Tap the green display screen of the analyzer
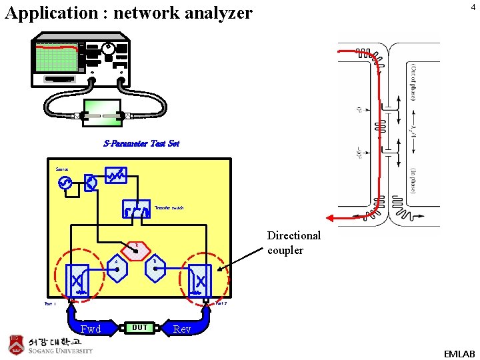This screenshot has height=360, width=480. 57,58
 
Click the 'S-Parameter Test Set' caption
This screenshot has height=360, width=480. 141,143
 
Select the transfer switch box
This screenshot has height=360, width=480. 136,209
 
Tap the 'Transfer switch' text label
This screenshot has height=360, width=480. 169,208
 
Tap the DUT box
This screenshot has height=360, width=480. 140,327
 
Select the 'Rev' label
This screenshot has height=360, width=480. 182,329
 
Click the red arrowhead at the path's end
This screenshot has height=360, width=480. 330,217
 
